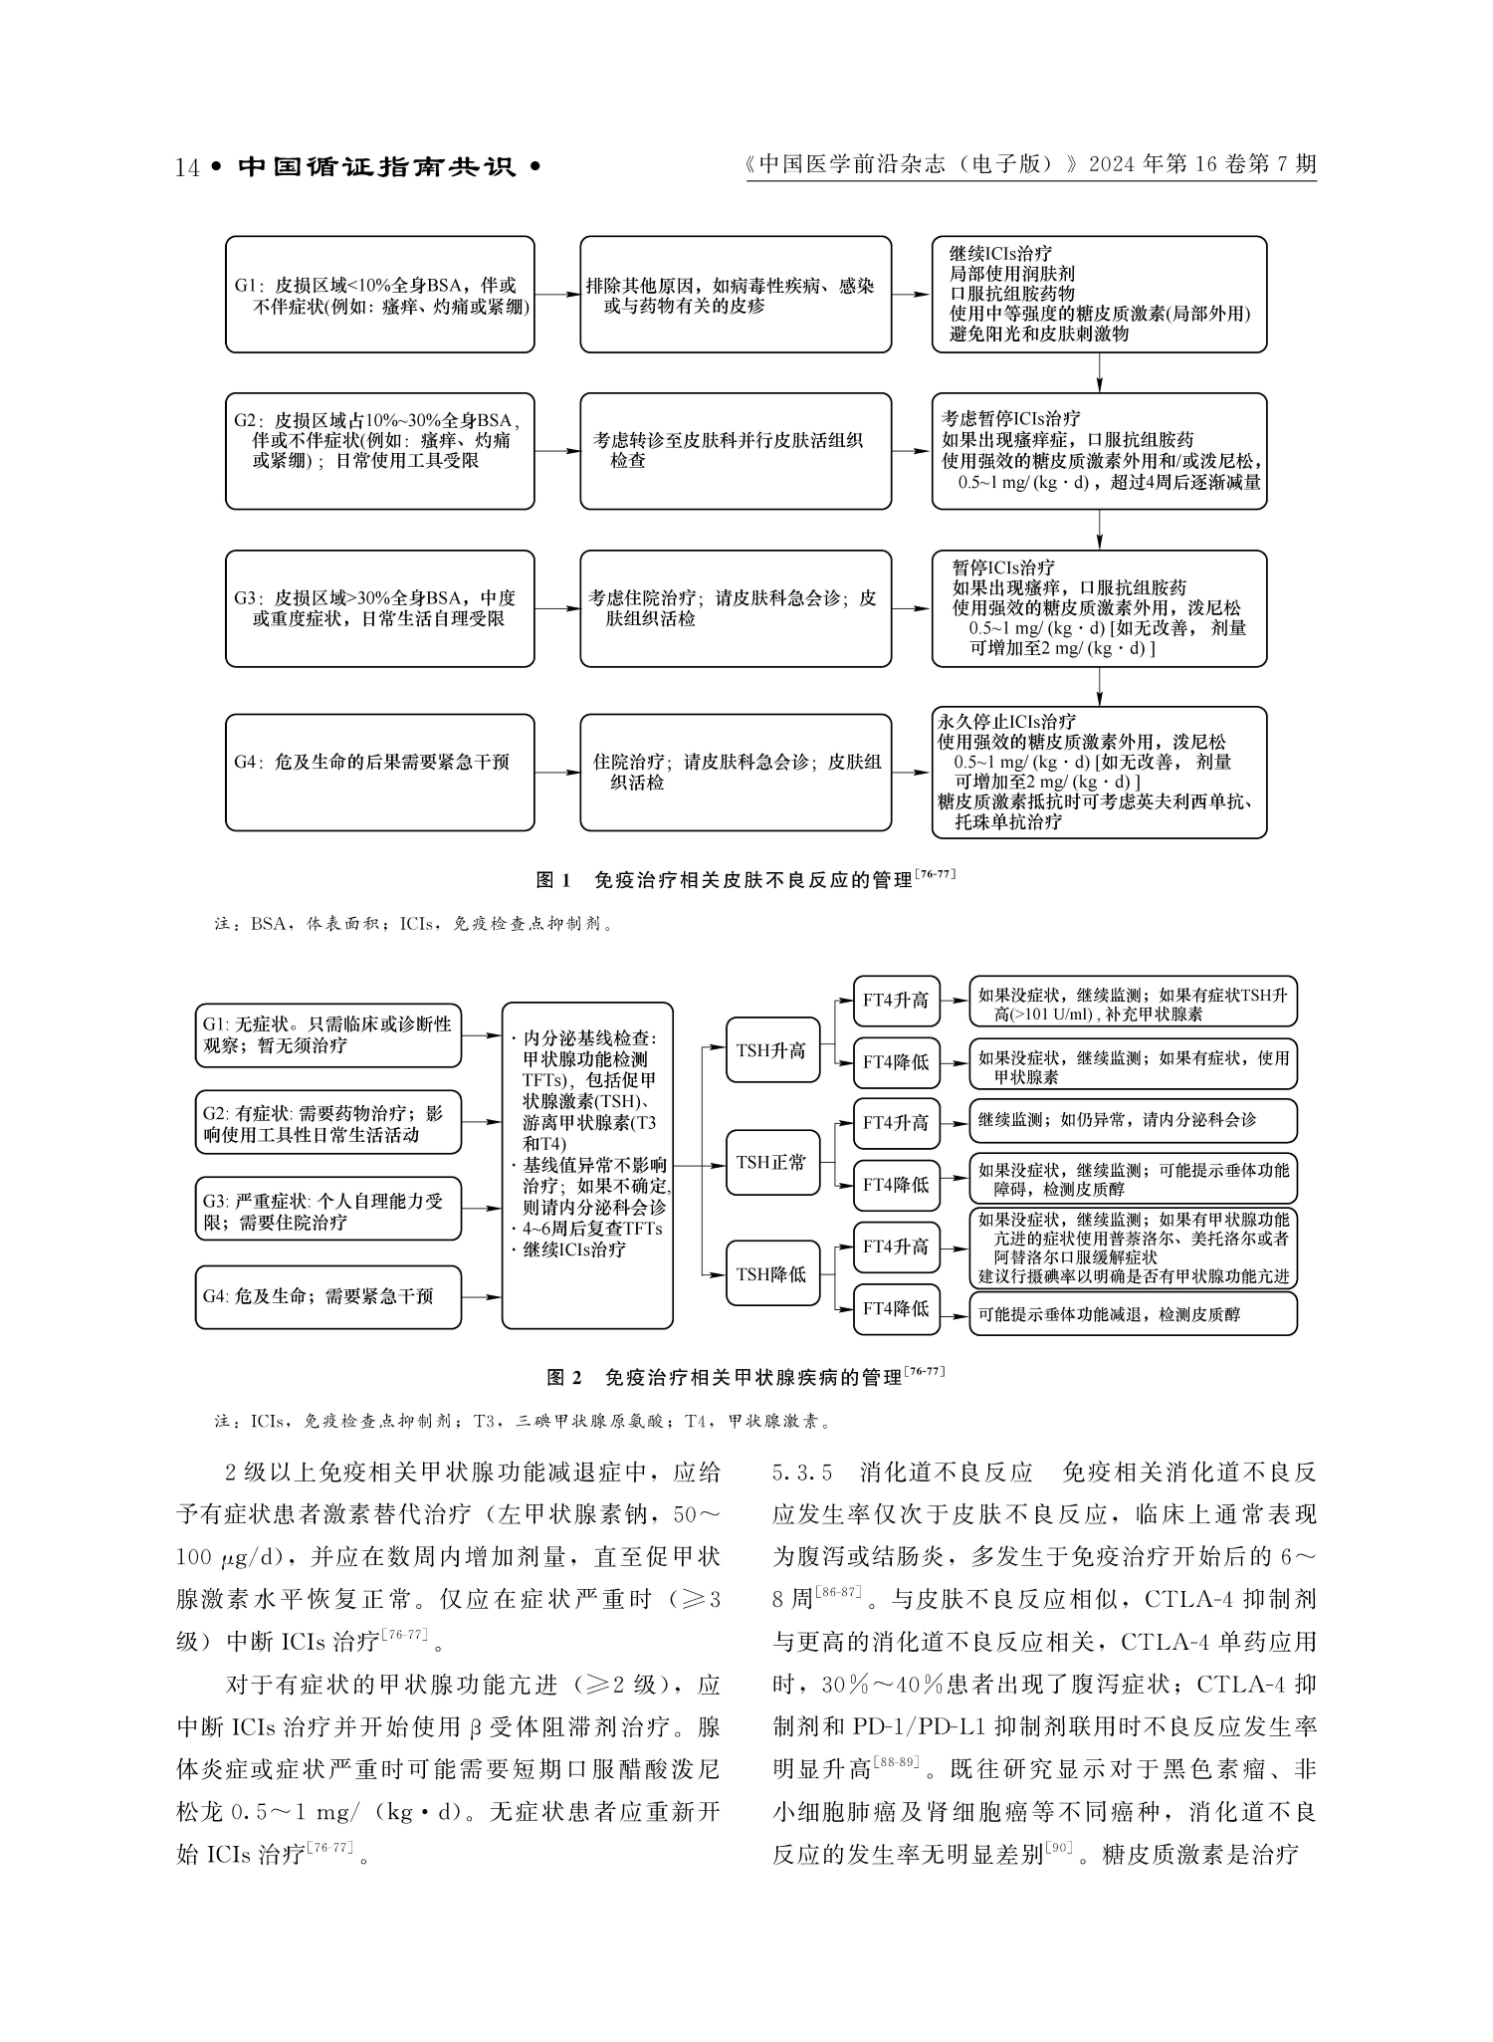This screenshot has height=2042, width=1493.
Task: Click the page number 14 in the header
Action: point(187,167)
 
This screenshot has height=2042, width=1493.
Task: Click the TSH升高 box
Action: point(771,1049)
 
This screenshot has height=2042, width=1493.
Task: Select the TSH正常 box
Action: point(771,1162)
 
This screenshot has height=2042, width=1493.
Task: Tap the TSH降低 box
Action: point(771,1273)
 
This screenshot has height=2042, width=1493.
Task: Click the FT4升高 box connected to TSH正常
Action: point(896,1123)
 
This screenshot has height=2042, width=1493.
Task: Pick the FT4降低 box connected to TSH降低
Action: point(896,1308)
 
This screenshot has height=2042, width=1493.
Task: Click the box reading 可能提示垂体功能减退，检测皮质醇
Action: point(1133,1314)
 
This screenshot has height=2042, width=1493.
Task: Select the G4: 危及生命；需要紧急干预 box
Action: point(328,1296)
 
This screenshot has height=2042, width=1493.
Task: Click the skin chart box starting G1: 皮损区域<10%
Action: point(379,295)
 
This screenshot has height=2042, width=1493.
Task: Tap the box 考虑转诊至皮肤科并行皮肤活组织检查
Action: point(736,451)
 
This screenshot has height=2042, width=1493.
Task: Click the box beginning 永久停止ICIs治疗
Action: point(1099,772)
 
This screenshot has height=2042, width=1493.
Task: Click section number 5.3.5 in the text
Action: point(802,1473)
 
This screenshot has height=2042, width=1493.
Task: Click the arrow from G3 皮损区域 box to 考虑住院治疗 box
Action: point(557,609)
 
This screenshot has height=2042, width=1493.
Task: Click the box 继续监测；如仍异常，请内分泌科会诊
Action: point(1133,1120)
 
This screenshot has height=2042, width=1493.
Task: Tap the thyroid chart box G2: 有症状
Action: point(328,1123)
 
